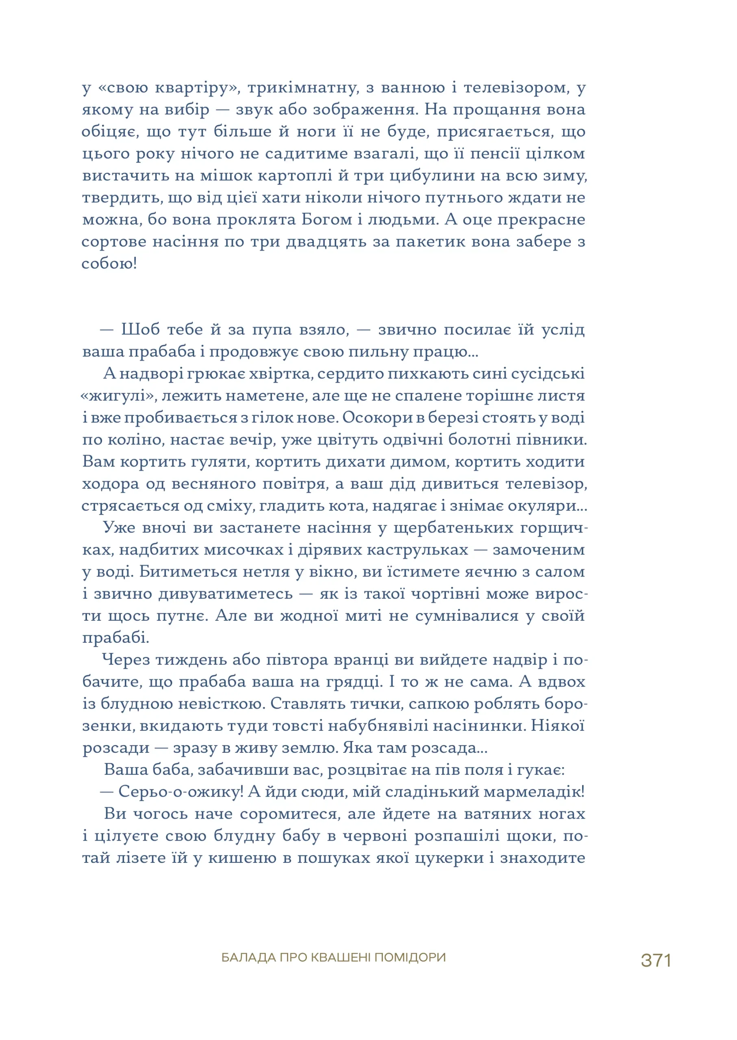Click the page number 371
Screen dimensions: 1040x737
[656, 960]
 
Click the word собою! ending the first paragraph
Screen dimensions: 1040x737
[109, 264]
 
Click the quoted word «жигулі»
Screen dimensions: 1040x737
[118, 396]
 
